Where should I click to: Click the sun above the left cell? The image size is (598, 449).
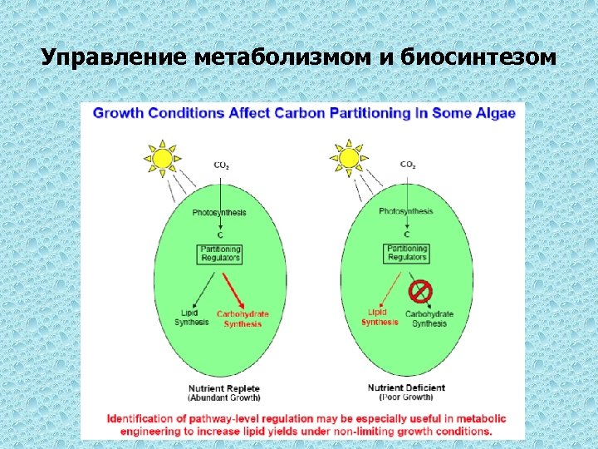162,157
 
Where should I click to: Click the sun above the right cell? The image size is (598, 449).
348,157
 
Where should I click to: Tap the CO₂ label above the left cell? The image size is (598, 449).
222,165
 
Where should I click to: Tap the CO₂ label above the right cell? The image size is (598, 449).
408,165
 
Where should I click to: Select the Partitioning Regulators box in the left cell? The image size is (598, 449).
220,254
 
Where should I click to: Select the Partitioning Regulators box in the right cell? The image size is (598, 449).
407,253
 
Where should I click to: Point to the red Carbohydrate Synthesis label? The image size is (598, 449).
243,318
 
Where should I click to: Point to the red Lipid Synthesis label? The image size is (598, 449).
379,317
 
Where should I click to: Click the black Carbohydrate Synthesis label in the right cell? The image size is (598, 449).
429,318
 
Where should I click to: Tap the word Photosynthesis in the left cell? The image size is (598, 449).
219,213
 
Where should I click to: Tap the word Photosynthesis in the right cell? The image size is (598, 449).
405,211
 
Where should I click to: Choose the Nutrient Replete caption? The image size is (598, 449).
224,388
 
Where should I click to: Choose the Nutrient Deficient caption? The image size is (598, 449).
406,387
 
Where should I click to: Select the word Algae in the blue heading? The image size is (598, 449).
493,113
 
